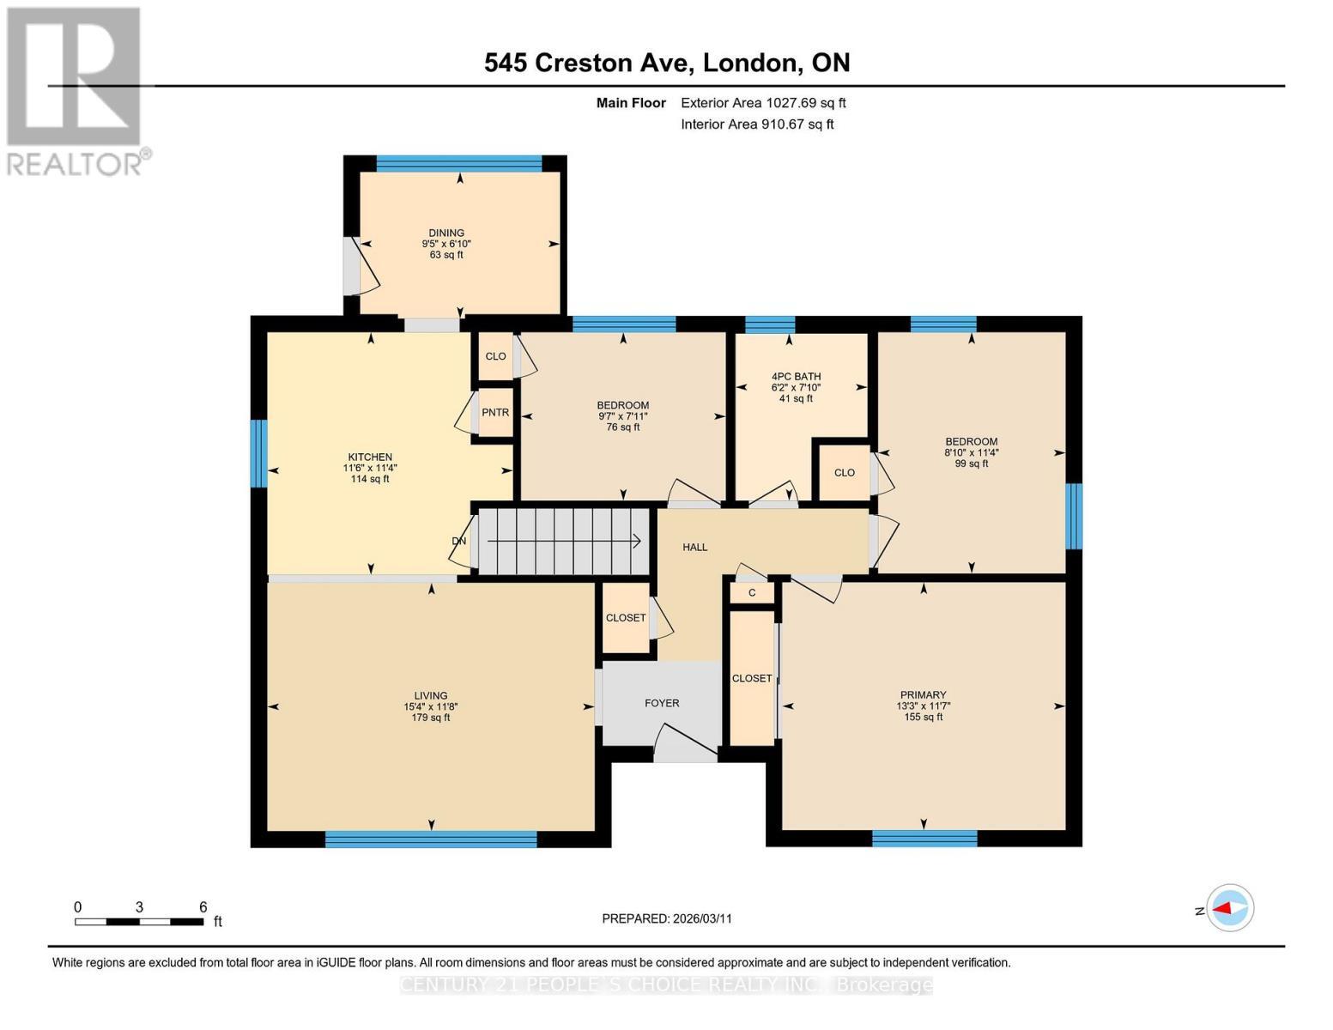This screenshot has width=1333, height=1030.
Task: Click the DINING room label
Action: coord(446,233)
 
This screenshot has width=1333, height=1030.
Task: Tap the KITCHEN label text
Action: coord(370,457)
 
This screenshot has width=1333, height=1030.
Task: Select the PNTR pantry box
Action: coord(495,413)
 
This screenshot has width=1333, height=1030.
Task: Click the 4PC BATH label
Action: coord(796,376)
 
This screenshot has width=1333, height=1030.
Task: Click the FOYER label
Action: coord(662,703)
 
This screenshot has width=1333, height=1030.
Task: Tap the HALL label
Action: coord(694,547)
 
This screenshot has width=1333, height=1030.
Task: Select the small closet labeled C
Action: coord(752,593)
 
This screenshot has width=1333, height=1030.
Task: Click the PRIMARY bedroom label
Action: coord(923,694)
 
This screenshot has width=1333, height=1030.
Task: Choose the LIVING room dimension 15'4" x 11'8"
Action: coord(430,706)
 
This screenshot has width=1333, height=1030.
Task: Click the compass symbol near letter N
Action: coord(1230,908)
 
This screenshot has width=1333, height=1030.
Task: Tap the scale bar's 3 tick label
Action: coord(138,907)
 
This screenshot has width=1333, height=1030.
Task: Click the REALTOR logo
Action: coord(76,90)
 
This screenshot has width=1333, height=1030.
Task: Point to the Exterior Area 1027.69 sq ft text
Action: coord(763,103)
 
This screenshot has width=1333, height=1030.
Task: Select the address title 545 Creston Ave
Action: coord(590,63)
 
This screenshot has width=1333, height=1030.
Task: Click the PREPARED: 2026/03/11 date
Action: coord(667,918)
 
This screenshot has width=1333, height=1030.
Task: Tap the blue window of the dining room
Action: coord(459,164)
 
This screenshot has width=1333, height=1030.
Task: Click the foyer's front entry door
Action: coord(686,745)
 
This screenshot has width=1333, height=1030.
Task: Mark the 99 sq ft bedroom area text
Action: coord(971,463)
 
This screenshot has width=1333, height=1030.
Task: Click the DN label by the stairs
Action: coord(459,542)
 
